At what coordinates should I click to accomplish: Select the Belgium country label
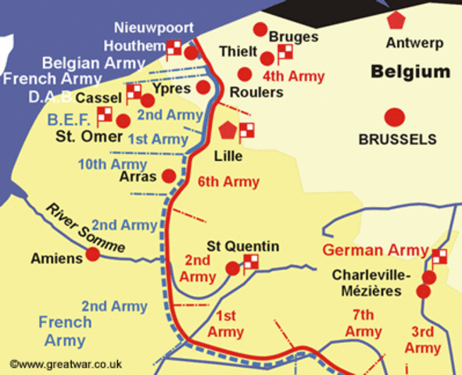click(x=410, y=72)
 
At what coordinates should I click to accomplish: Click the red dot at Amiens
click(x=93, y=254)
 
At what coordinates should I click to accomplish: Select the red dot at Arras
click(x=168, y=176)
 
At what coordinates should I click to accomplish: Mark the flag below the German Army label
click(x=439, y=256)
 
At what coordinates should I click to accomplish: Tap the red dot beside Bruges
click(x=260, y=30)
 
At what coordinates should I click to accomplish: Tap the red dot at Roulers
click(x=245, y=74)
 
